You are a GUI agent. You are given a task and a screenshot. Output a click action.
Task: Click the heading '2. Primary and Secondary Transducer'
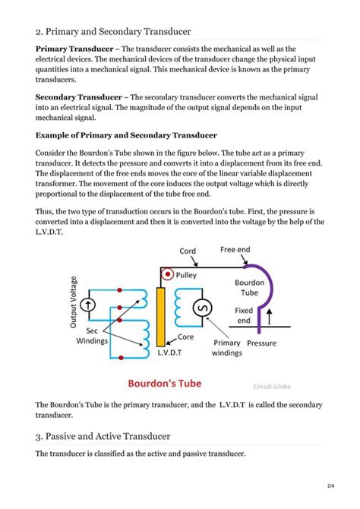(x=113, y=31)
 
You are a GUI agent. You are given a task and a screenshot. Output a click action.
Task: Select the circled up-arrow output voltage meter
(x=90, y=305)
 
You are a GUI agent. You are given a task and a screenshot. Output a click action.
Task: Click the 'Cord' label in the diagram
(x=188, y=251)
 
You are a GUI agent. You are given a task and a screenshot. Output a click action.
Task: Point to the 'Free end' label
(x=235, y=249)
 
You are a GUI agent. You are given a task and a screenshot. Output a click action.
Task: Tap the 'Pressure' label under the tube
(x=262, y=343)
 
